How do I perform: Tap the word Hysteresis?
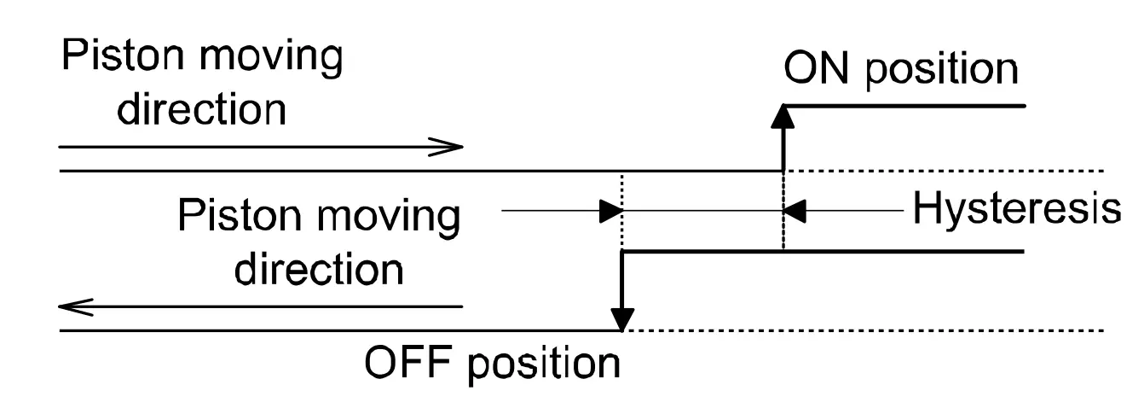pos(1016,209)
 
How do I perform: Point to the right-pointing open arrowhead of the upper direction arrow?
pos(448,147)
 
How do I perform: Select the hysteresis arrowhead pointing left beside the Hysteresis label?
pos(794,211)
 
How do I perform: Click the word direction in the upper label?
pos(201,108)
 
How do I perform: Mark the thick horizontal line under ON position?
pos(904,106)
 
